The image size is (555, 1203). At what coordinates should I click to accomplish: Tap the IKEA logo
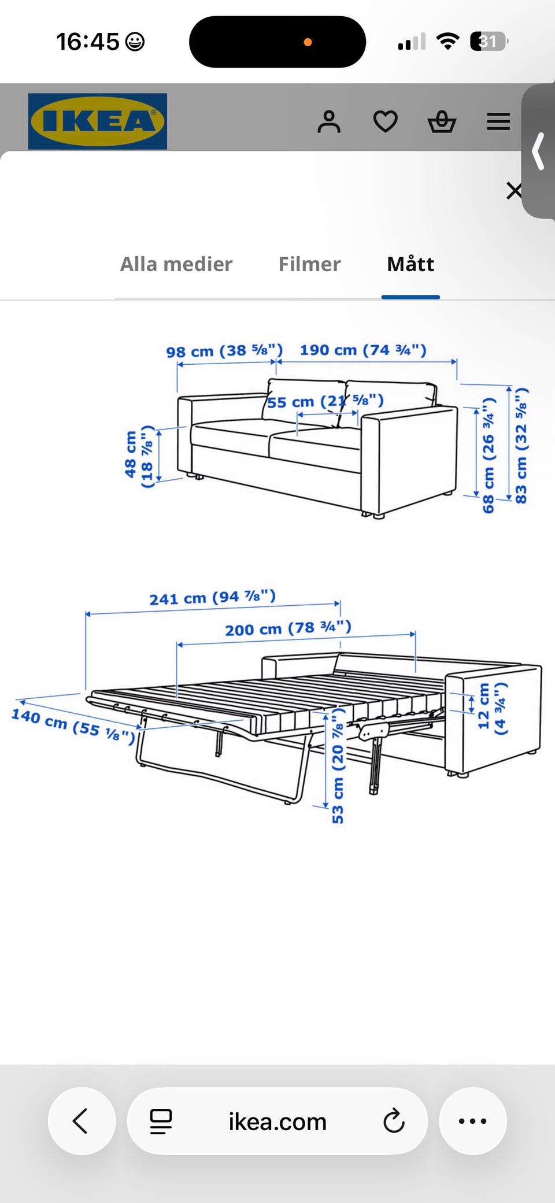[98, 121]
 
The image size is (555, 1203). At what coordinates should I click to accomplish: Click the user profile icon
[329, 121]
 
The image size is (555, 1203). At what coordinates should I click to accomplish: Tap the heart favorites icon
[386, 121]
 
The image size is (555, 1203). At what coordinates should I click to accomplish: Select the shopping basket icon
[442, 121]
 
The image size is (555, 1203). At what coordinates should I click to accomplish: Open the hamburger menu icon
[498, 121]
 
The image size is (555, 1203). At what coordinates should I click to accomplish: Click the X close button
[514, 191]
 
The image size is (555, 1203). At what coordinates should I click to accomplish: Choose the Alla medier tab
[176, 264]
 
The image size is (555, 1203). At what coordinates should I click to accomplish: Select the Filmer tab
[310, 264]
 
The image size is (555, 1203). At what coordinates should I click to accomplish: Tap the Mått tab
[410, 264]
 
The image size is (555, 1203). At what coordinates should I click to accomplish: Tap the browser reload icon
[394, 1121]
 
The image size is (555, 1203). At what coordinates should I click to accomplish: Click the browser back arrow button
[82, 1121]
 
